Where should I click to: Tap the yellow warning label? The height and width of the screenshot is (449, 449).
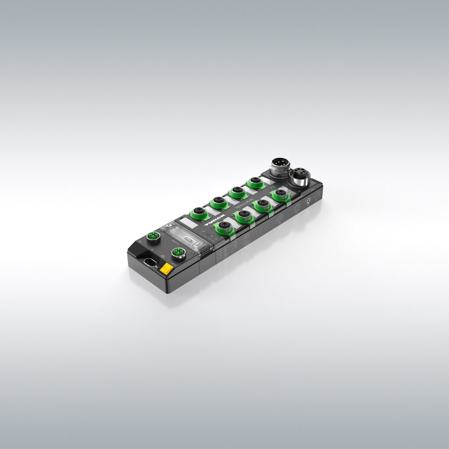(167, 269)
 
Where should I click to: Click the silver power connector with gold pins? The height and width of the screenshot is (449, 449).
(279, 167)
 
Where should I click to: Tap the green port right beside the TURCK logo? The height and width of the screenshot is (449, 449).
(223, 226)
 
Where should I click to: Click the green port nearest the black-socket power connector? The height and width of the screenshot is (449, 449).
(279, 194)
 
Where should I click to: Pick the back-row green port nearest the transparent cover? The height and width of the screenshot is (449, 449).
(200, 212)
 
